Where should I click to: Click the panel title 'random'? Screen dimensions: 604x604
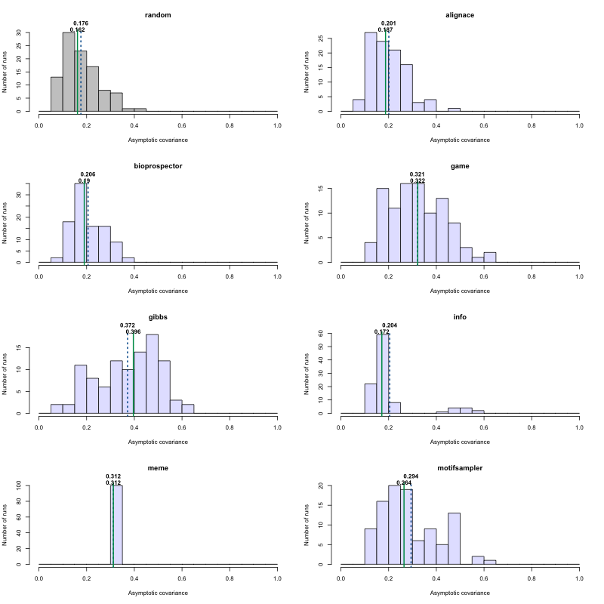[158, 15]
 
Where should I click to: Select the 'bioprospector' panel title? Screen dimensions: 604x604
[158, 166]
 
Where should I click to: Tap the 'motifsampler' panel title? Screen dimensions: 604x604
[460, 468]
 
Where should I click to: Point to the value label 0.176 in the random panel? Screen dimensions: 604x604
[81, 23]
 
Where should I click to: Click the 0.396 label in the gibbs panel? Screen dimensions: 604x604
[133, 331]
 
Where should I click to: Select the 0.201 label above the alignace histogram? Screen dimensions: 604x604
[389, 23]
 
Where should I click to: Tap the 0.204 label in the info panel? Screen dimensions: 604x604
[390, 325]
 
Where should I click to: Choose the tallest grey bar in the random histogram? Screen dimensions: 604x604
[69, 72]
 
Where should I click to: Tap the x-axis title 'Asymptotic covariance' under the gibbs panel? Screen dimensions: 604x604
[158, 442]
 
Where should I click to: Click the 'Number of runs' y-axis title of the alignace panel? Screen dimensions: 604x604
[308, 72]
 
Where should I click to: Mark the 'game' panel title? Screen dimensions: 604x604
[460, 166]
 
